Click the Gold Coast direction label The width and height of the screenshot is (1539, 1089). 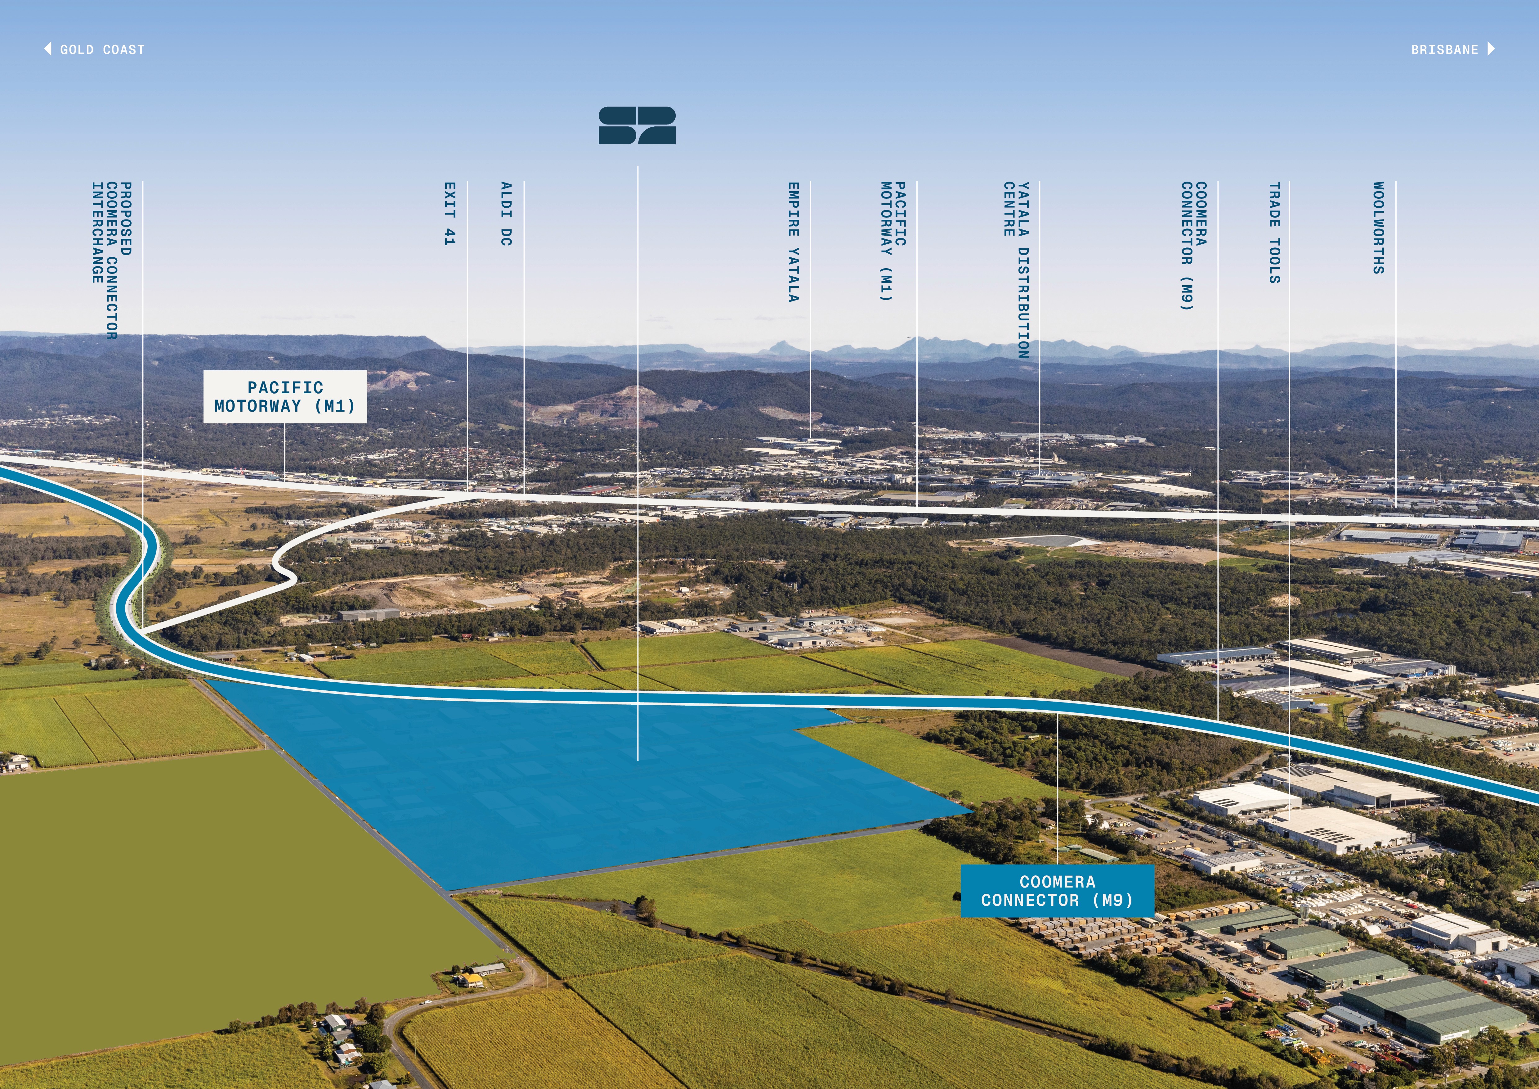click(x=102, y=50)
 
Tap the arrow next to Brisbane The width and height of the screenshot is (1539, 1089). click(x=1491, y=49)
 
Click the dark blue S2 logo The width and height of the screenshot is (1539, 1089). click(x=637, y=125)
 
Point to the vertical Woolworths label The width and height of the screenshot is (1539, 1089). click(x=1378, y=228)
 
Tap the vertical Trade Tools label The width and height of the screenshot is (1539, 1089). click(x=1274, y=233)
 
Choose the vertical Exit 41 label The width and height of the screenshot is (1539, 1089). click(x=450, y=213)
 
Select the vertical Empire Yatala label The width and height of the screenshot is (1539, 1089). click(x=793, y=242)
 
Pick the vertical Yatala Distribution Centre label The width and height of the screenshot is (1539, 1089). click(x=1016, y=268)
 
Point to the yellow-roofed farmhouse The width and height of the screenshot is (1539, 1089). click(x=471, y=980)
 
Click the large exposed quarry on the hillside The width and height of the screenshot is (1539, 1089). click(x=603, y=406)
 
